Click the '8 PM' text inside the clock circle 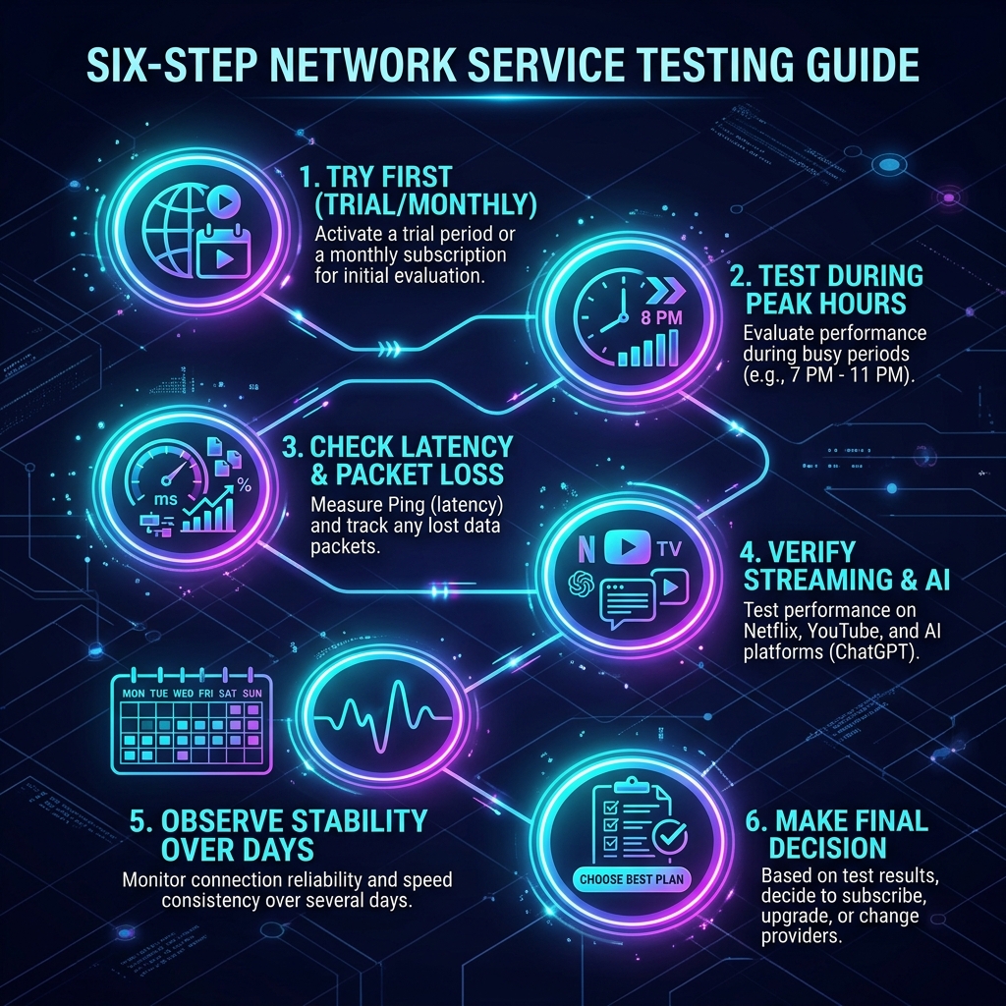(x=661, y=317)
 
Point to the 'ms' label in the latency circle (x=166, y=498)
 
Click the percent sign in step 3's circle (x=244, y=484)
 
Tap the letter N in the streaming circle (x=587, y=549)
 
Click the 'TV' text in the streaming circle (x=669, y=549)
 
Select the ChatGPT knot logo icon (x=582, y=585)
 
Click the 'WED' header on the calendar (x=183, y=694)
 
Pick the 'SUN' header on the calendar (x=252, y=694)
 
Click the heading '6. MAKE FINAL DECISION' (x=836, y=834)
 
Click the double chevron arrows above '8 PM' (x=665, y=291)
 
